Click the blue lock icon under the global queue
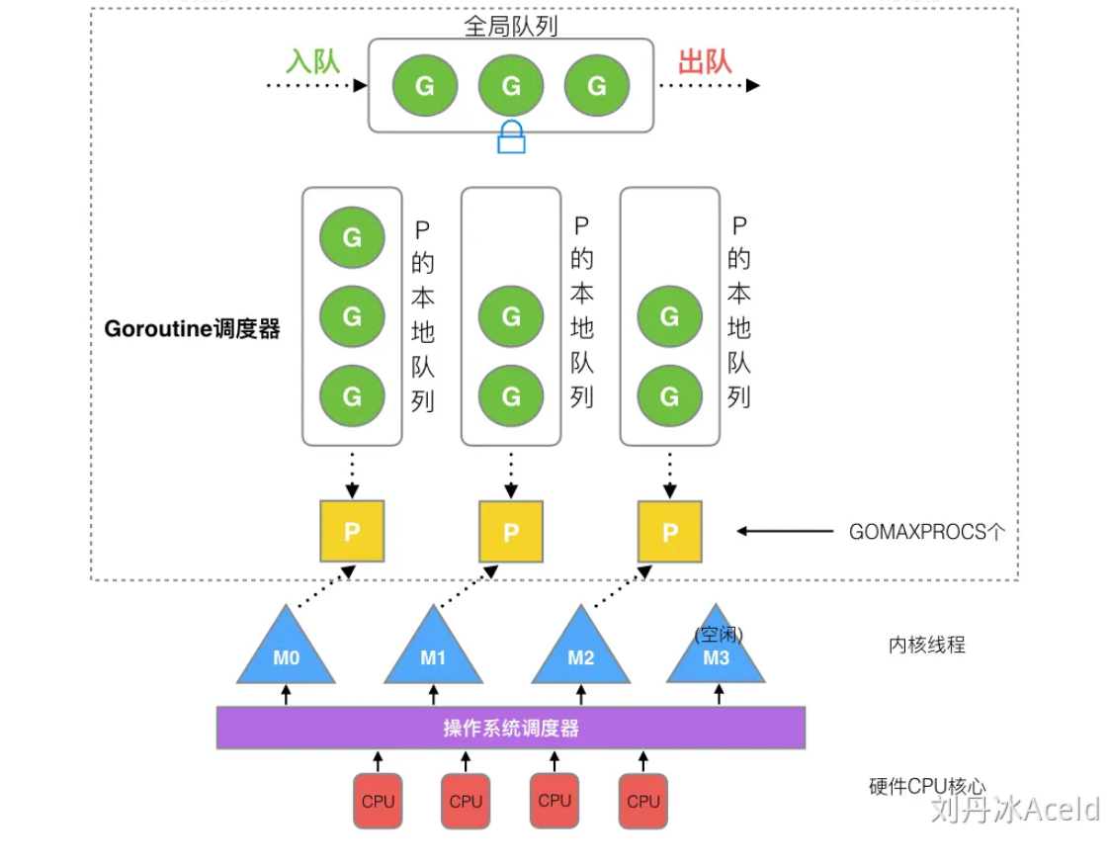[511, 137]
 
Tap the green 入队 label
[312, 61]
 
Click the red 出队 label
[705, 61]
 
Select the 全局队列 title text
[511, 26]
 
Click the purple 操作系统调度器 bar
[511, 729]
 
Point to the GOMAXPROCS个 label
[927, 532]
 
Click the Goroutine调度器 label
[193, 329]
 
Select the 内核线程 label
[926, 646]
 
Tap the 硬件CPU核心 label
[927, 787]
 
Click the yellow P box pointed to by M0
[352, 531]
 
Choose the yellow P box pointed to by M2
[669, 532]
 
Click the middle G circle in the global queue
[511, 85]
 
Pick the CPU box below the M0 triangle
[378, 801]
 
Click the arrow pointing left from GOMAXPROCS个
[786, 532]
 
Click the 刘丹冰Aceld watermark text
[1015, 810]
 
